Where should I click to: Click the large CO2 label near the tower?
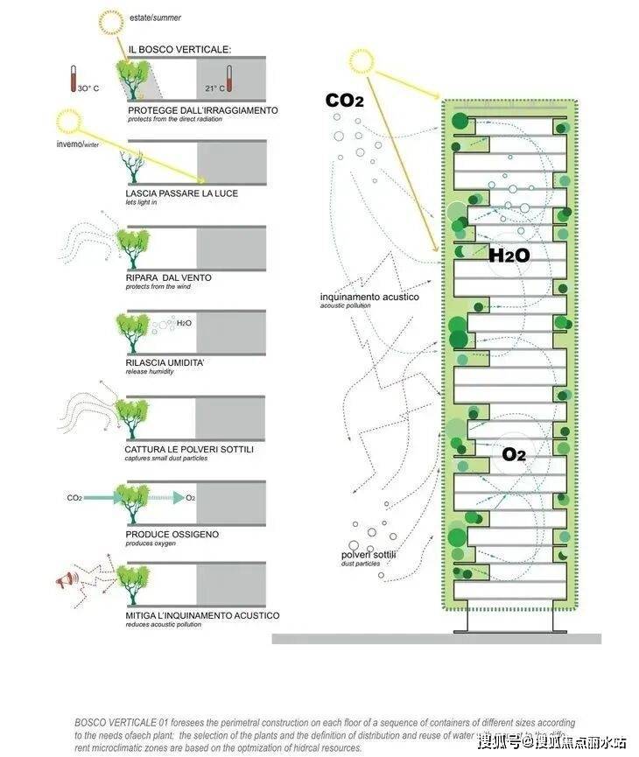344,102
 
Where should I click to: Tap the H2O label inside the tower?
509,256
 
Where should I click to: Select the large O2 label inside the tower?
514,454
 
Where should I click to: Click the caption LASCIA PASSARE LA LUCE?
181,193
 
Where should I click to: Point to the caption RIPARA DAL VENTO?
169,277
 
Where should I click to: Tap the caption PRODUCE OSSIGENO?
172,534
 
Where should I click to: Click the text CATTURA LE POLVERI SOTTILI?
189,449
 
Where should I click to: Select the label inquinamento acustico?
369,298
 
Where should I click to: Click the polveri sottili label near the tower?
369,555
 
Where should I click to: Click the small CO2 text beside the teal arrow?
74,498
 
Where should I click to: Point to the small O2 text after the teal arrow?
190,498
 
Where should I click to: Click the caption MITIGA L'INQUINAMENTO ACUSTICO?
202,615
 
